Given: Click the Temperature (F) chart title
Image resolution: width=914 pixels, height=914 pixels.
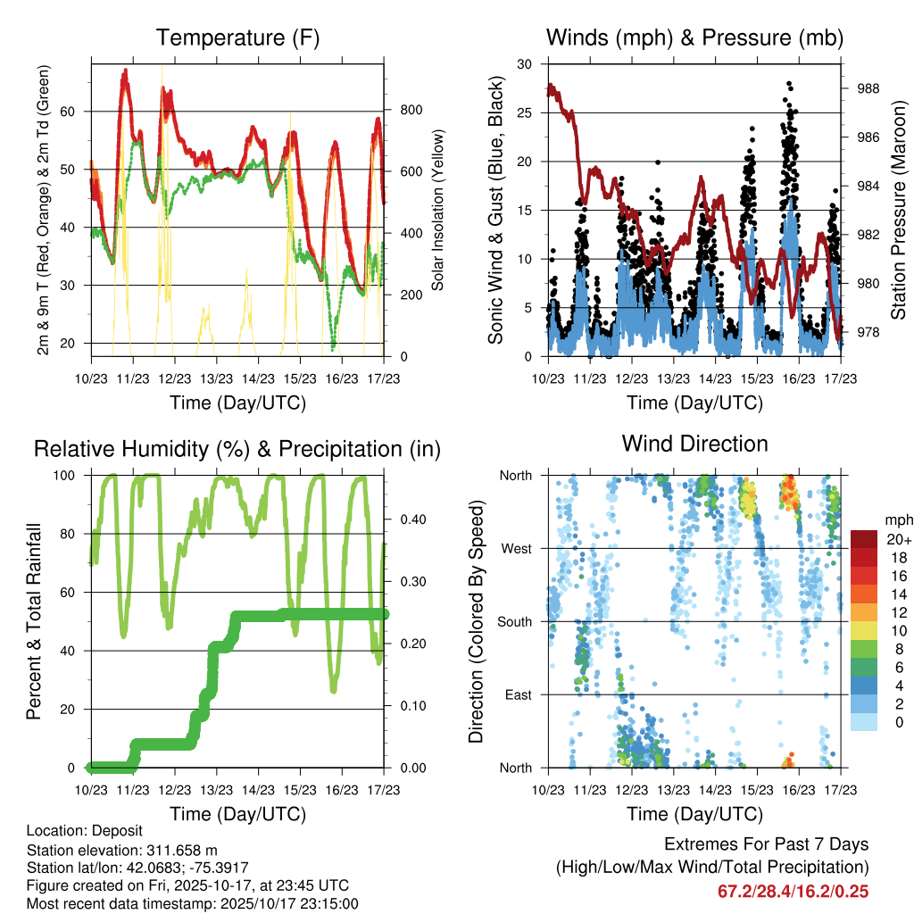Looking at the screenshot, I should coord(237,38).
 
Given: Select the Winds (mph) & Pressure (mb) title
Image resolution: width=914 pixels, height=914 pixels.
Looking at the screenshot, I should coord(694,38).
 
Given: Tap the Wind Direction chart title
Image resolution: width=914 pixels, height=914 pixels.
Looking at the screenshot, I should coord(694,444).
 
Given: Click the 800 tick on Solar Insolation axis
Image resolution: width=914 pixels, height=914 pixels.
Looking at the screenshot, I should coord(411,111).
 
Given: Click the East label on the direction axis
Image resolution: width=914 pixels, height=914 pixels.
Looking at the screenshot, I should coord(521,694).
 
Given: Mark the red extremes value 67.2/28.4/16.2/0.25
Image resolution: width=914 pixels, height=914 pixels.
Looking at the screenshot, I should coord(793,891).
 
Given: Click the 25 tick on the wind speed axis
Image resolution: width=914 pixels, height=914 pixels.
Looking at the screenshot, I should coord(526,112).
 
